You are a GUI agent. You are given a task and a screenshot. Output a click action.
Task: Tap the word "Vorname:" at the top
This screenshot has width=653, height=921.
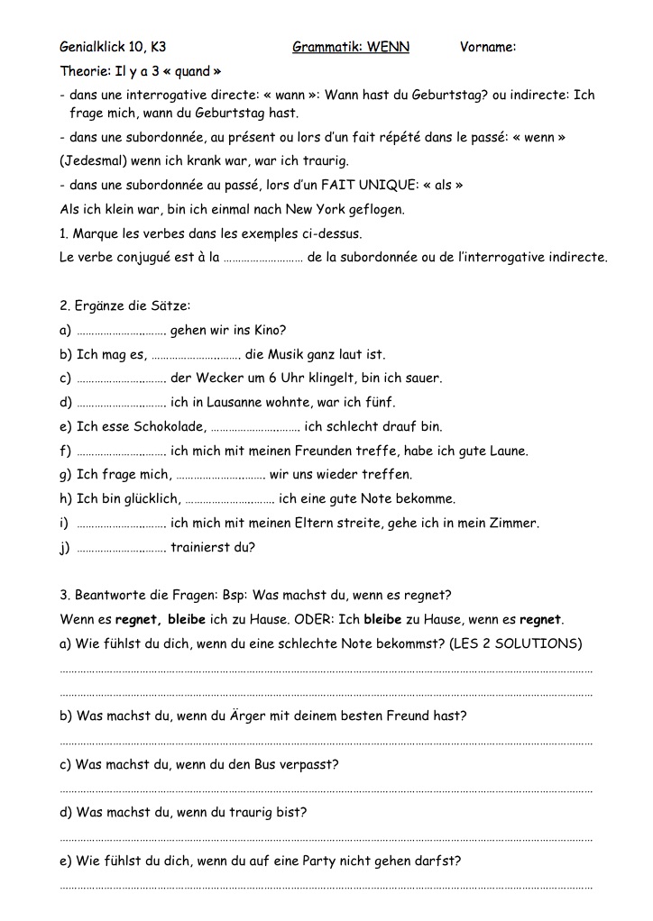coord(487,47)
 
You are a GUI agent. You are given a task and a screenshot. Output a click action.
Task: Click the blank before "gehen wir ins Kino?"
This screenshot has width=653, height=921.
coord(122,331)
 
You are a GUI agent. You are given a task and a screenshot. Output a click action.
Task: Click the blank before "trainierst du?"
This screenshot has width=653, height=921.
coord(122,547)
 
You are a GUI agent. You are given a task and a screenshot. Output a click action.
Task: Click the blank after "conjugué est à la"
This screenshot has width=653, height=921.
coord(262,259)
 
